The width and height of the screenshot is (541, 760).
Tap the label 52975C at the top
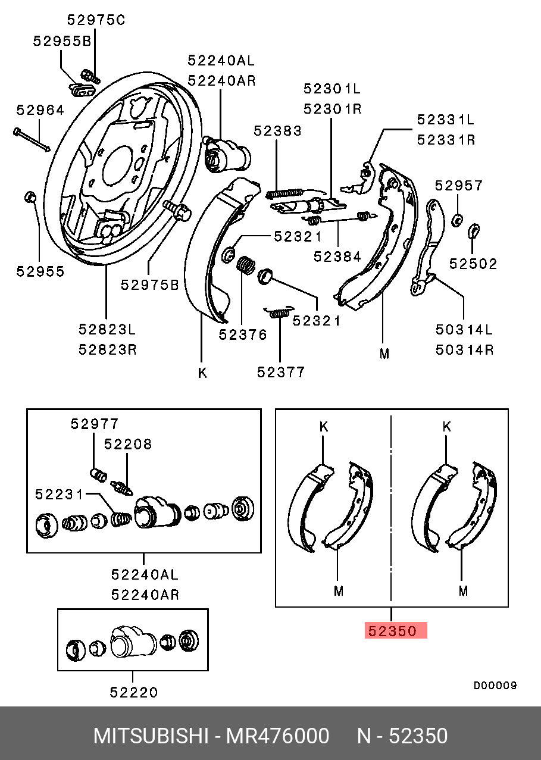tap(96, 20)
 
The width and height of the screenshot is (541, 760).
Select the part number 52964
tap(39, 110)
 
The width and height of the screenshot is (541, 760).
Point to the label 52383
tap(277, 131)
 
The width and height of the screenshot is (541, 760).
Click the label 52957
tap(458, 186)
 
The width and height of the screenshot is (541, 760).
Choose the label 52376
tap(242, 334)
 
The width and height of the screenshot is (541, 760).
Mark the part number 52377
tap(281, 372)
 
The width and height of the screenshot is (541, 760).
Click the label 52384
tap(337, 257)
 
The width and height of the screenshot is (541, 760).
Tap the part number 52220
tap(134, 692)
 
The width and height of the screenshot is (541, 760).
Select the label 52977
tap(95, 424)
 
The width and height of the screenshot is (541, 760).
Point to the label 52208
tap(128, 444)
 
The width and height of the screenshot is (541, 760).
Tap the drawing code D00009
tap(495, 686)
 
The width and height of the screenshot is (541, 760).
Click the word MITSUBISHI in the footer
tap(151, 736)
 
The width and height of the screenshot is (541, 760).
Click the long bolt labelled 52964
tap(31, 139)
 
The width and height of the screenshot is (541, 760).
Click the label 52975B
tap(149, 285)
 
